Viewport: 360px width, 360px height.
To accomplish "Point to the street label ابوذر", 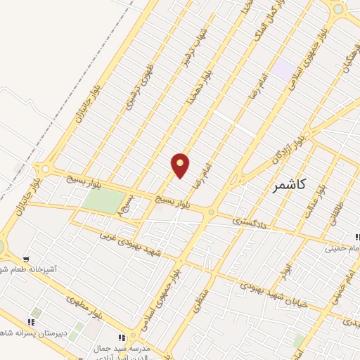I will click(283, 269).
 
